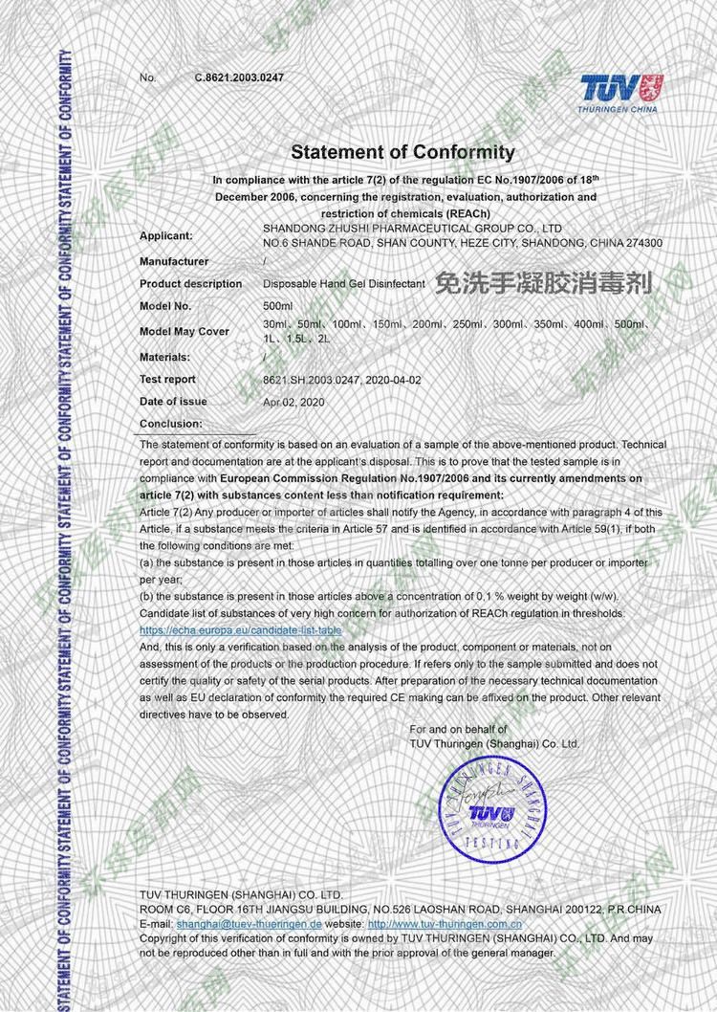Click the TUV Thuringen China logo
(x=621, y=93)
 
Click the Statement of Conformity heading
(x=402, y=152)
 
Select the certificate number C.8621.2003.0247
(x=239, y=77)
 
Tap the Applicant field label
(x=166, y=235)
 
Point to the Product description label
(x=190, y=284)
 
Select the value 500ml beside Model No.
(x=278, y=306)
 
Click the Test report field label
(x=167, y=380)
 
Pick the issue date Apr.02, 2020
(x=293, y=403)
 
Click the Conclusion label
(x=170, y=423)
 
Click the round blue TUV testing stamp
(x=491, y=809)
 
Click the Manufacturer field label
(x=174, y=261)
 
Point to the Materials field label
(x=166, y=356)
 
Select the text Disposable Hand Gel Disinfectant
(x=343, y=284)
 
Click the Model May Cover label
(x=185, y=332)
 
